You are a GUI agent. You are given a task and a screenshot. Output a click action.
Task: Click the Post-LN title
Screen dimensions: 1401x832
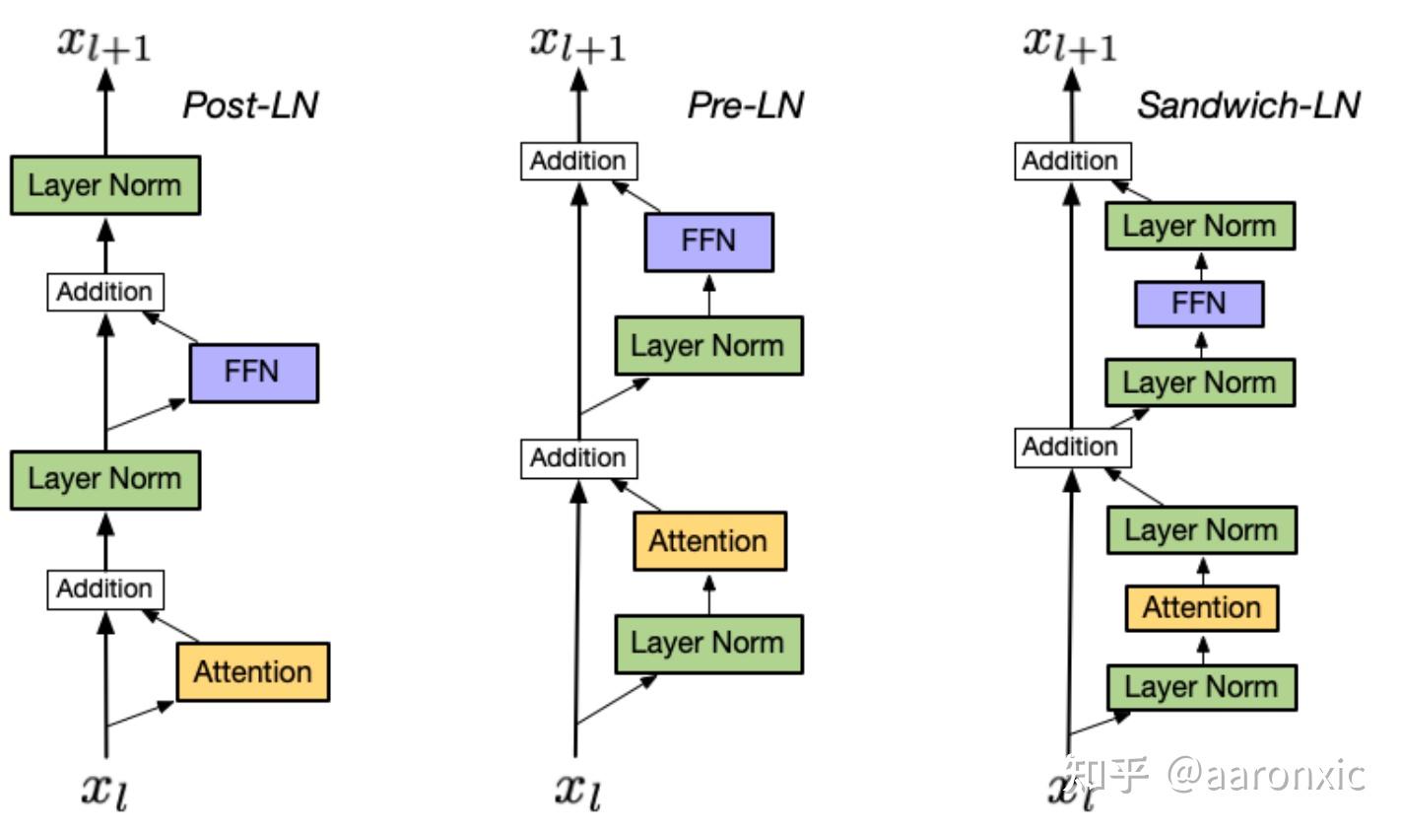click(250, 105)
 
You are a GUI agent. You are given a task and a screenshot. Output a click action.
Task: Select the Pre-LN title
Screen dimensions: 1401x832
click(746, 105)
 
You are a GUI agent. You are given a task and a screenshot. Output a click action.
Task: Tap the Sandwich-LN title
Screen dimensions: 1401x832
click(1248, 105)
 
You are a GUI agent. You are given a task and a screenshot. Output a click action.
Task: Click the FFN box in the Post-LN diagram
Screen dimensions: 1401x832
click(254, 373)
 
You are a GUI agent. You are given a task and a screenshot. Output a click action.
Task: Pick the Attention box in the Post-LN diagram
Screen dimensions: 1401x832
click(252, 672)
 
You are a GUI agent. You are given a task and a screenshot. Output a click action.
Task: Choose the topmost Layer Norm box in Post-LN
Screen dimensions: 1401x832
click(105, 185)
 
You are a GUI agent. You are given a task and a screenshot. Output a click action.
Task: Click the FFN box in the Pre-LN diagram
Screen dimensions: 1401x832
click(709, 243)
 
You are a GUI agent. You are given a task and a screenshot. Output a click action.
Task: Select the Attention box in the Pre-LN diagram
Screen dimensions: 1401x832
click(710, 541)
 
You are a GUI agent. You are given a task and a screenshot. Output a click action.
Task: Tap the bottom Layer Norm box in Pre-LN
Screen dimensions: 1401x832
click(709, 645)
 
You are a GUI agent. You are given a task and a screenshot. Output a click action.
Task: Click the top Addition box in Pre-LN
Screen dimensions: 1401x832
click(579, 162)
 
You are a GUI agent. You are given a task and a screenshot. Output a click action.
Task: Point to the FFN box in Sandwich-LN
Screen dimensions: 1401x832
click(1200, 304)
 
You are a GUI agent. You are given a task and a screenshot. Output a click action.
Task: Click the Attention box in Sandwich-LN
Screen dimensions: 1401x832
click(1202, 608)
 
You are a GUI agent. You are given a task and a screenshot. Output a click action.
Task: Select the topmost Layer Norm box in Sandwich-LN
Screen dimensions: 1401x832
click(1200, 226)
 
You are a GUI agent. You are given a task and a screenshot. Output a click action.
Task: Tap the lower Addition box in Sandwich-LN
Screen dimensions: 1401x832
click(1073, 448)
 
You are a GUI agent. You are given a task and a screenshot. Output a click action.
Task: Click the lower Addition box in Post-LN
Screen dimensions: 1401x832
click(105, 589)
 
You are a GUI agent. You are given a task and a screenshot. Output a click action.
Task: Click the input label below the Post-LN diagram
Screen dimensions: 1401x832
click(105, 792)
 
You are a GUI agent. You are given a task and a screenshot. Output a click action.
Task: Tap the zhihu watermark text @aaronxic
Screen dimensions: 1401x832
click(1266, 776)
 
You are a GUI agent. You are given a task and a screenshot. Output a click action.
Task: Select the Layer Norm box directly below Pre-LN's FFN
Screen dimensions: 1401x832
click(709, 346)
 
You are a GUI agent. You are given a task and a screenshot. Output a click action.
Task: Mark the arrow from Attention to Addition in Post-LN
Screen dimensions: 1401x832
click(170, 626)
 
